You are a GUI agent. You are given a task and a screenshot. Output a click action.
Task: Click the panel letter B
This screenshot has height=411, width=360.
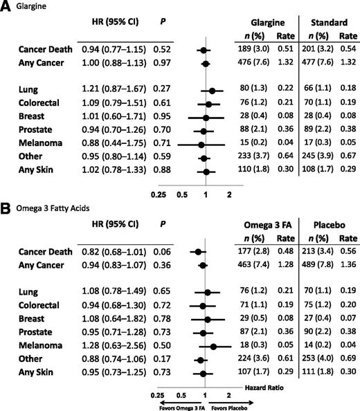(x=6, y=207)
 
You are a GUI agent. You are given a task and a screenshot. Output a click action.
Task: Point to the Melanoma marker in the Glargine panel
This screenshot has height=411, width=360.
(x=201, y=145)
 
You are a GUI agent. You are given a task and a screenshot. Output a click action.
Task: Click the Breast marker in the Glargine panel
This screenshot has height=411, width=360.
(x=206, y=118)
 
